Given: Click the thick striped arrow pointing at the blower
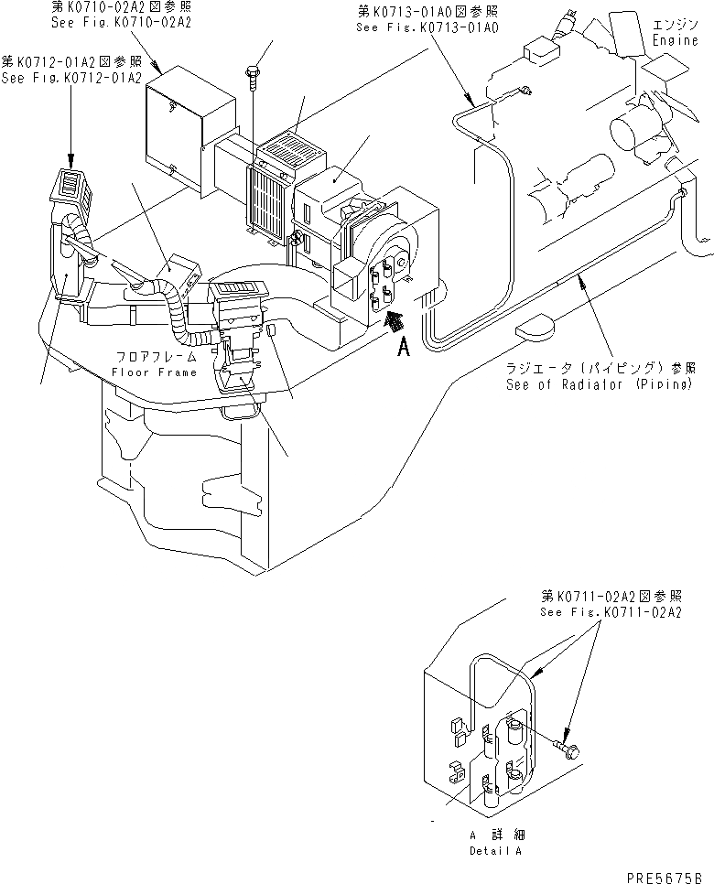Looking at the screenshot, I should click(394, 321).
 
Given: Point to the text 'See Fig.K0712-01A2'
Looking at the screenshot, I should click(71, 77).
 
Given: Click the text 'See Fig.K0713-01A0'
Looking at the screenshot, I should click(427, 27).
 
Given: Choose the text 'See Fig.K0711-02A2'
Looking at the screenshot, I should click(611, 612).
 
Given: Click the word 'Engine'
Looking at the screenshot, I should click(676, 41).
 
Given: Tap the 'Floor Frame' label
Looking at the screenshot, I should click(154, 372).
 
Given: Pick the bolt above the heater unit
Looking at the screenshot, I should click(253, 67).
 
